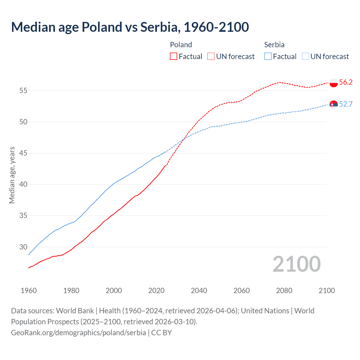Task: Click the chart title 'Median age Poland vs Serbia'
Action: [x=130, y=27]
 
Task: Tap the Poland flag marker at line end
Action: [x=333, y=83]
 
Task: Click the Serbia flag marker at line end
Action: [x=333, y=105]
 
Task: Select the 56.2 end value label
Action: [x=346, y=82]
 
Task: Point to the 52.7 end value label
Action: [x=346, y=104]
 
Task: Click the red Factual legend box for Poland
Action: [x=174, y=57]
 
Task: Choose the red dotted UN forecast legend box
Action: [x=211, y=57]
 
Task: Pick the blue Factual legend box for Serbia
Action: [x=268, y=57]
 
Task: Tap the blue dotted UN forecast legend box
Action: [x=305, y=57]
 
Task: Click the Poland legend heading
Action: [x=181, y=45]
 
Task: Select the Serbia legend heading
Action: [x=274, y=45]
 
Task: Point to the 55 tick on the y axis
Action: [x=23, y=91]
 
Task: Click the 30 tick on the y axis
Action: [x=23, y=247]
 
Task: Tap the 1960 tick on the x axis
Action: [x=29, y=291]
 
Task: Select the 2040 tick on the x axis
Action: [x=199, y=291]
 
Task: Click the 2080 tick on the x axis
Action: [x=284, y=291]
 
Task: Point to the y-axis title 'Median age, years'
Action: [x=12, y=175]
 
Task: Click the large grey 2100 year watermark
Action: [x=296, y=264]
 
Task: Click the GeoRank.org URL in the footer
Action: [x=78, y=333]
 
